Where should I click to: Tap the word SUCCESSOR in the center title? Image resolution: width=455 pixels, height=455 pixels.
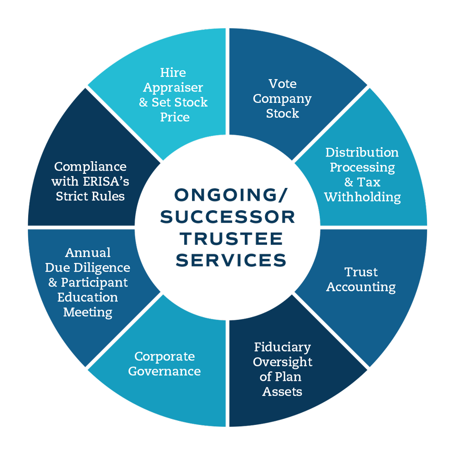(x=227, y=217)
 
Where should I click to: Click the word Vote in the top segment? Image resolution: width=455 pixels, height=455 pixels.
(x=282, y=84)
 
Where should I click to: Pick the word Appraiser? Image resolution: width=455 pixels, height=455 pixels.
(x=173, y=87)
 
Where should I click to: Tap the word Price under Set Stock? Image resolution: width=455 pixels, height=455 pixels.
(x=175, y=117)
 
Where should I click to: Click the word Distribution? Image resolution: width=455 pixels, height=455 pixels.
(x=362, y=152)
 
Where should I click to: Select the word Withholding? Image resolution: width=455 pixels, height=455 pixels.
(x=362, y=197)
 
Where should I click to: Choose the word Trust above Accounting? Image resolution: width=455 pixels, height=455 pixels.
(x=361, y=272)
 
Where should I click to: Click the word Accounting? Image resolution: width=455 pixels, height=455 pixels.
(x=361, y=287)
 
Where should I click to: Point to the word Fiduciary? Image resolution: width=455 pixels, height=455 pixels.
(x=282, y=347)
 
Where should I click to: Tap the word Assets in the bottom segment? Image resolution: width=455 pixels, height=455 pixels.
(x=282, y=392)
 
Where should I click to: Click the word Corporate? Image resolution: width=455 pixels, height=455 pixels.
(x=164, y=356)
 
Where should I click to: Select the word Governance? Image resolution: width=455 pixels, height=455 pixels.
(x=164, y=371)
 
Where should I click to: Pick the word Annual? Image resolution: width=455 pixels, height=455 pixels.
(x=88, y=253)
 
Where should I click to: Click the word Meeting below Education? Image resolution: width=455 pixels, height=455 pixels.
(x=88, y=312)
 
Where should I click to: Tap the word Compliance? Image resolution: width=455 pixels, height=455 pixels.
(x=90, y=167)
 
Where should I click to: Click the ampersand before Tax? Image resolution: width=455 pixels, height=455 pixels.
(x=349, y=182)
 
